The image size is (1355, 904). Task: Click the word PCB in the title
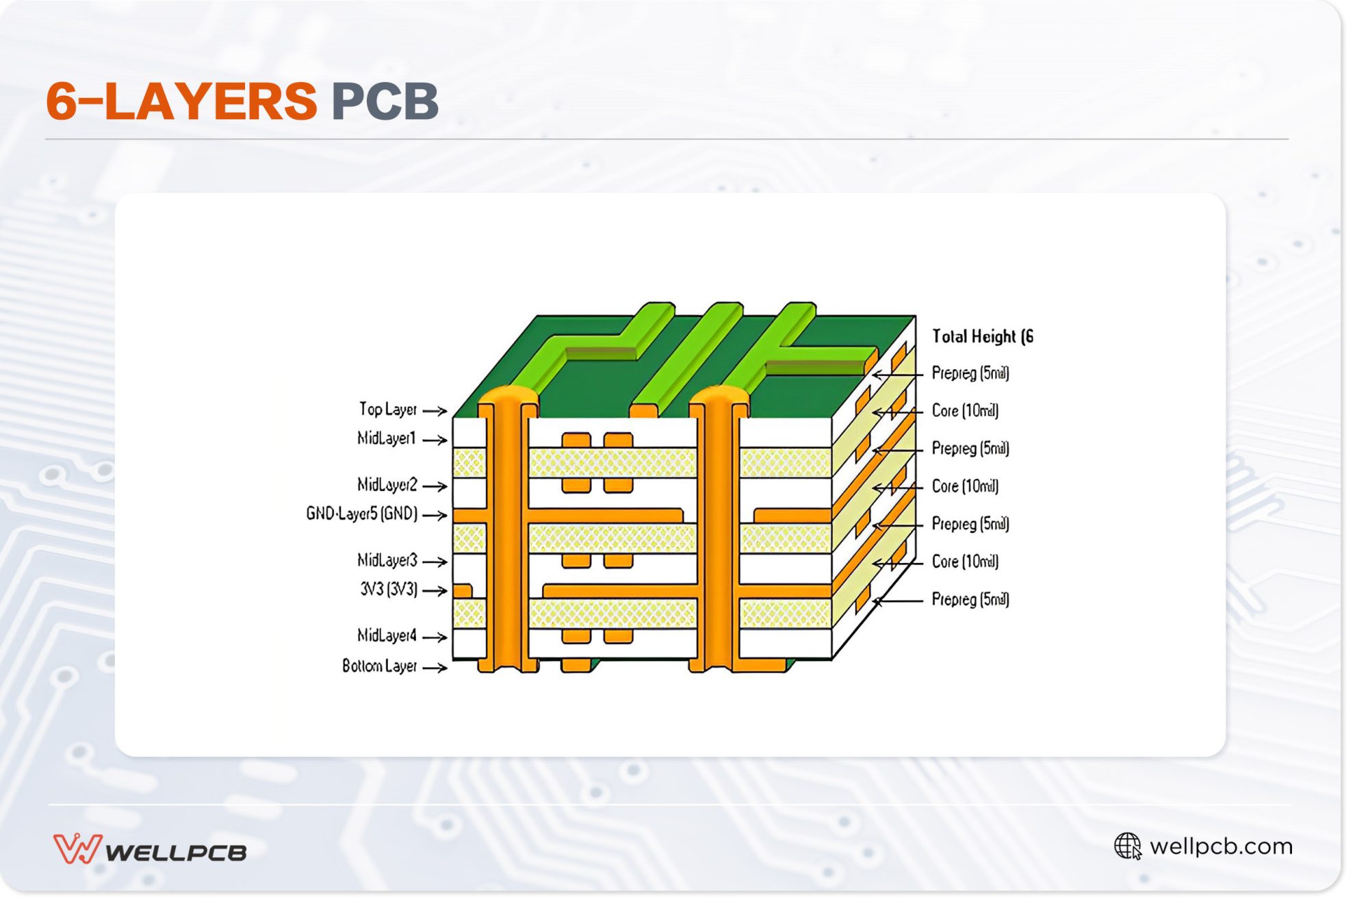pos(385,101)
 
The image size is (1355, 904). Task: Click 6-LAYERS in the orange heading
pos(181,101)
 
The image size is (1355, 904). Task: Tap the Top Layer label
pos(387,410)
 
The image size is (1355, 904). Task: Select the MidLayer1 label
pos(386,438)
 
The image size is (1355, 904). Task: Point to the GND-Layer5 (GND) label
pos(361,514)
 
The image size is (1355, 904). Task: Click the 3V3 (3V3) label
pos(388,589)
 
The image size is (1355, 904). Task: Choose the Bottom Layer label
pos(379,666)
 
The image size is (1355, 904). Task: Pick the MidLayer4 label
pos(386,636)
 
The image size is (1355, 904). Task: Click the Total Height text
pos(982,336)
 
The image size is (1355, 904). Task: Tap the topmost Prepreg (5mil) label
pos(970,373)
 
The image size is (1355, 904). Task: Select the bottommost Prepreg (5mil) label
pos(970,599)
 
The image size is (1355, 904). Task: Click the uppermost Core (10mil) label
pos(965,411)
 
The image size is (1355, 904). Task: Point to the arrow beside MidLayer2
pos(435,486)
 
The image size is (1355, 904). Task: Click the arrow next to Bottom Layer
pos(435,667)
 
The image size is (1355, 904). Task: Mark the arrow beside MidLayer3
pos(435,562)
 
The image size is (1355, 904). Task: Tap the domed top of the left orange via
pos(507,395)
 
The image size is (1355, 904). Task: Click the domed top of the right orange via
pos(719,395)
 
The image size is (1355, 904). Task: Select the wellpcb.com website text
pos(1221,846)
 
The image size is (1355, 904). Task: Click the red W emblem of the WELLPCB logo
pos(77,849)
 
